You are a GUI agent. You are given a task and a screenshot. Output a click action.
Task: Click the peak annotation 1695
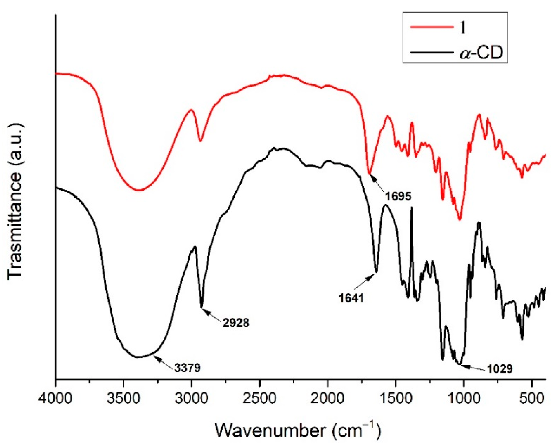click(x=398, y=196)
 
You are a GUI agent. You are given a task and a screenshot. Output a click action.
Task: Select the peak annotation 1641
click(x=352, y=298)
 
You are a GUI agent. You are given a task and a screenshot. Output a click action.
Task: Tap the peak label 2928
click(x=236, y=323)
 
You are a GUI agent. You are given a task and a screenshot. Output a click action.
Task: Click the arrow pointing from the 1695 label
click(x=377, y=183)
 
